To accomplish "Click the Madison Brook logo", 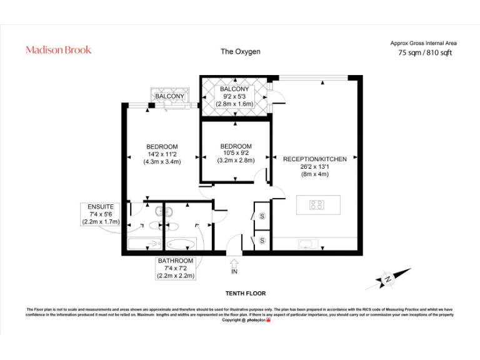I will pyautogui.click(x=58, y=49).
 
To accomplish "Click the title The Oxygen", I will pyautogui.click(x=240, y=51).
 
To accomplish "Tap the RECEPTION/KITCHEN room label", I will pyautogui.click(x=314, y=159).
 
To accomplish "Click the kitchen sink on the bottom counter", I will pyautogui.click(x=307, y=244).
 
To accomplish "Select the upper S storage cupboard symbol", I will pyautogui.click(x=262, y=216).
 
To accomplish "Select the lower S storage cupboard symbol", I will pyautogui.click(x=262, y=240).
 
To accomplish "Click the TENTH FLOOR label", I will pyautogui.click(x=246, y=293).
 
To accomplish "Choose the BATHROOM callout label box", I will pyautogui.click(x=176, y=267).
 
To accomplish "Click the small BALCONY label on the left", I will pyautogui.click(x=169, y=96).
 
